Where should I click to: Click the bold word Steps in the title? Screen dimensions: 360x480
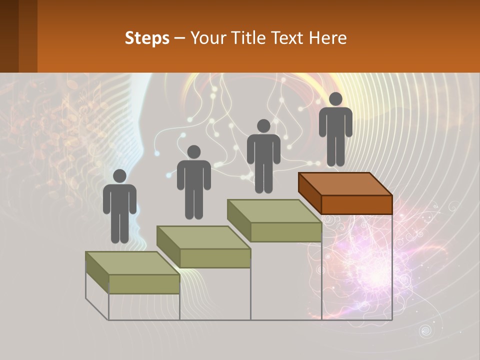click(147, 38)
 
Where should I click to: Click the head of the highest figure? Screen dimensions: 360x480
click(335, 99)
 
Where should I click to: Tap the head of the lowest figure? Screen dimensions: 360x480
click(119, 176)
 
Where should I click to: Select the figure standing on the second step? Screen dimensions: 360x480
click(193, 182)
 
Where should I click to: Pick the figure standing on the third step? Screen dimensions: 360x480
click(263, 156)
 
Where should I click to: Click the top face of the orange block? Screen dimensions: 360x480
click(345, 183)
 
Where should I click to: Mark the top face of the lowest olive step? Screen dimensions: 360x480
click(132, 263)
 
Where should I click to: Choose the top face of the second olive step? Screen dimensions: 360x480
click(203, 237)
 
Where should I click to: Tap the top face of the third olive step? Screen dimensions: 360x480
click(274, 211)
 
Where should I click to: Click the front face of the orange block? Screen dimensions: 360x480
click(356, 204)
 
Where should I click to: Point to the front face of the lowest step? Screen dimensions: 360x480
click(144, 284)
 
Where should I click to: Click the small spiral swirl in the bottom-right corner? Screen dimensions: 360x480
click(425, 330)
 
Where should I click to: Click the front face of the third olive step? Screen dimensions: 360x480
click(285, 232)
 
